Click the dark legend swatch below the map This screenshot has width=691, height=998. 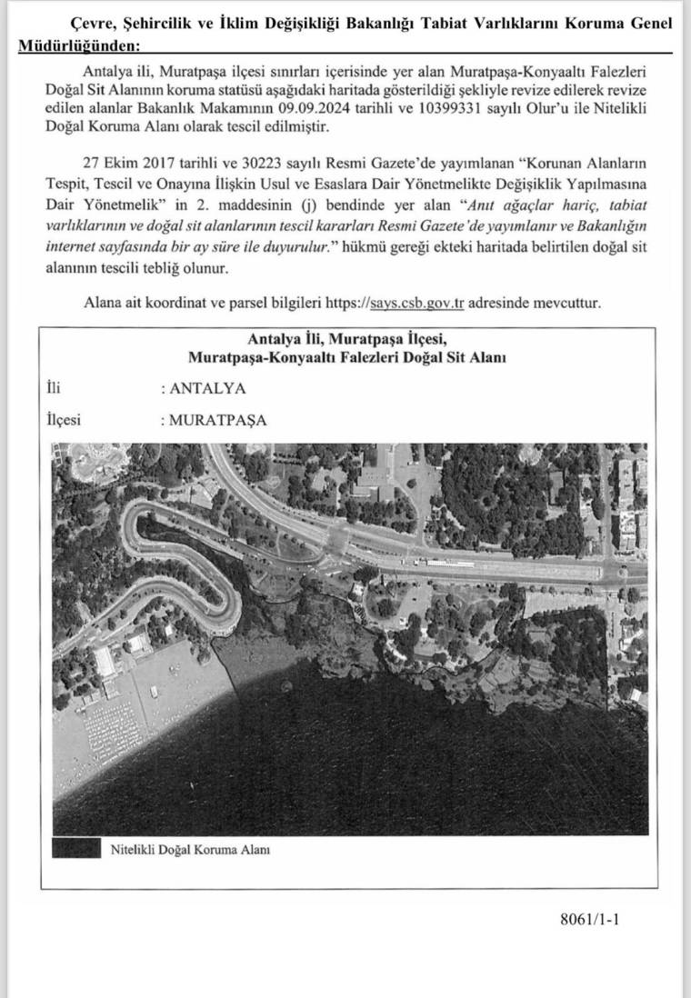(x=75, y=850)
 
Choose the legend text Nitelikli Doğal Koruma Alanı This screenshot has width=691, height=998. (x=190, y=851)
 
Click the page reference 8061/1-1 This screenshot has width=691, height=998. (x=590, y=919)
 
